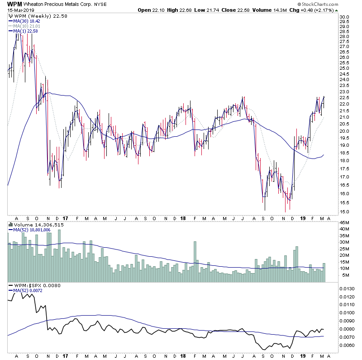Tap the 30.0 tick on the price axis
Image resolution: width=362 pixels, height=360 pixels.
pyautogui.click(x=345, y=17)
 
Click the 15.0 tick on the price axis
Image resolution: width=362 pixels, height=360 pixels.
pyautogui.click(x=345, y=211)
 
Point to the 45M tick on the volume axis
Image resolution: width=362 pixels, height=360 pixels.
pyautogui.click(x=345, y=222)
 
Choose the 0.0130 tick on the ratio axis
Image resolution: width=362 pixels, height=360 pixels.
pyautogui.click(x=348, y=288)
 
